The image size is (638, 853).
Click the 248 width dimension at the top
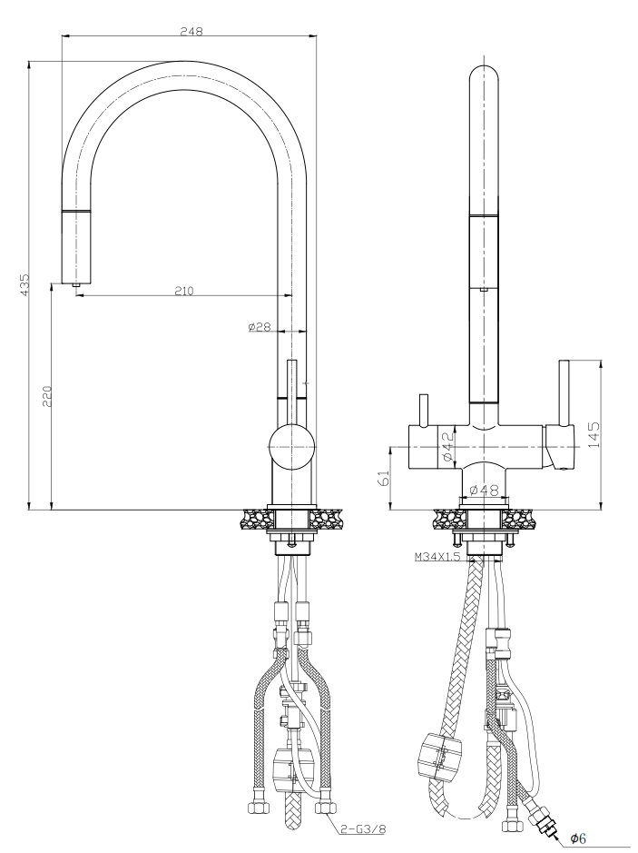pyautogui.click(x=191, y=30)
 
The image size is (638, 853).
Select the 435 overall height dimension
pyautogui.click(x=25, y=284)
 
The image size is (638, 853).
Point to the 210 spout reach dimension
pyautogui.click(x=184, y=291)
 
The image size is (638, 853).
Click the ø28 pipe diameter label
pyautogui.click(x=260, y=327)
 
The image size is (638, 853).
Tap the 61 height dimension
pyautogui.click(x=382, y=479)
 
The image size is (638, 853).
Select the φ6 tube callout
pyautogui.click(x=577, y=838)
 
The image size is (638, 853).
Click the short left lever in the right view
pyautogui.click(x=422, y=410)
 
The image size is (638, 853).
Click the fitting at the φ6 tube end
pyautogui.click(x=546, y=825)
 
